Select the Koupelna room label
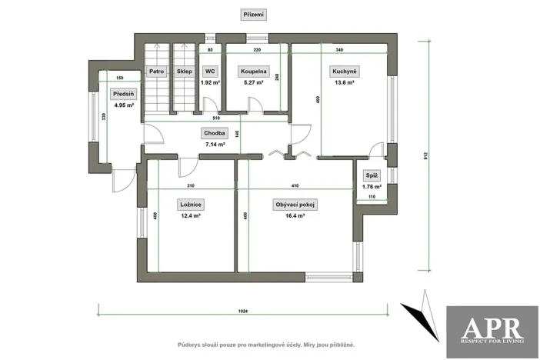click(252, 71)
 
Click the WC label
click(210, 71)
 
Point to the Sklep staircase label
click(184, 71)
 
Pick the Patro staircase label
click(157, 71)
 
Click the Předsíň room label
click(123, 95)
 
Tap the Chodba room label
click(215, 132)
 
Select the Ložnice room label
click(190, 205)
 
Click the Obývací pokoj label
click(295, 205)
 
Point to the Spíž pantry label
click(372, 175)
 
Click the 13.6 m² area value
click(342, 82)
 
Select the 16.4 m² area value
click(295, 216)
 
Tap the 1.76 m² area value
click(372, 186)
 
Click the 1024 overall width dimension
click(243, 312)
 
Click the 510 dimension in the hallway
click(215, 119)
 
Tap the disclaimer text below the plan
click(265, 345)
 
